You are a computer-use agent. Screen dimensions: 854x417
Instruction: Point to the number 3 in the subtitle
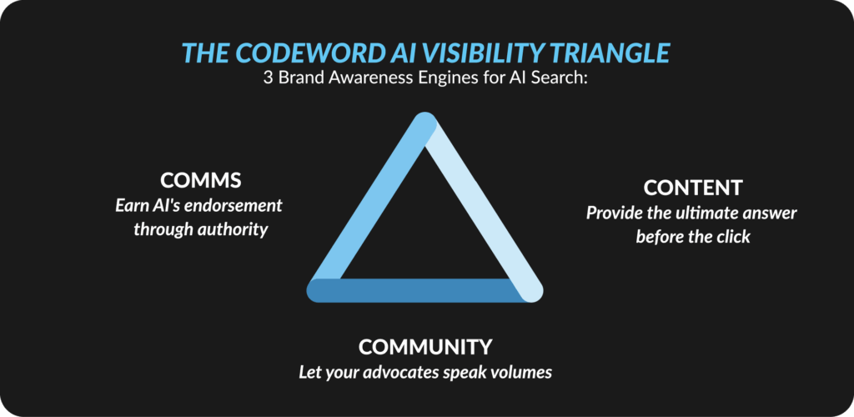268,78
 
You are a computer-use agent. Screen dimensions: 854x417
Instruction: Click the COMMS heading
200,179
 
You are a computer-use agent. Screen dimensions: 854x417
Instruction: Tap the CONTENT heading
693,188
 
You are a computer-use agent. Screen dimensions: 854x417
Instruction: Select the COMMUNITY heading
425,346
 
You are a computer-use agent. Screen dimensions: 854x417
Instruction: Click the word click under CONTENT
732,238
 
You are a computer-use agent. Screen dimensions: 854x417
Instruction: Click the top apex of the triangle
424,114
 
